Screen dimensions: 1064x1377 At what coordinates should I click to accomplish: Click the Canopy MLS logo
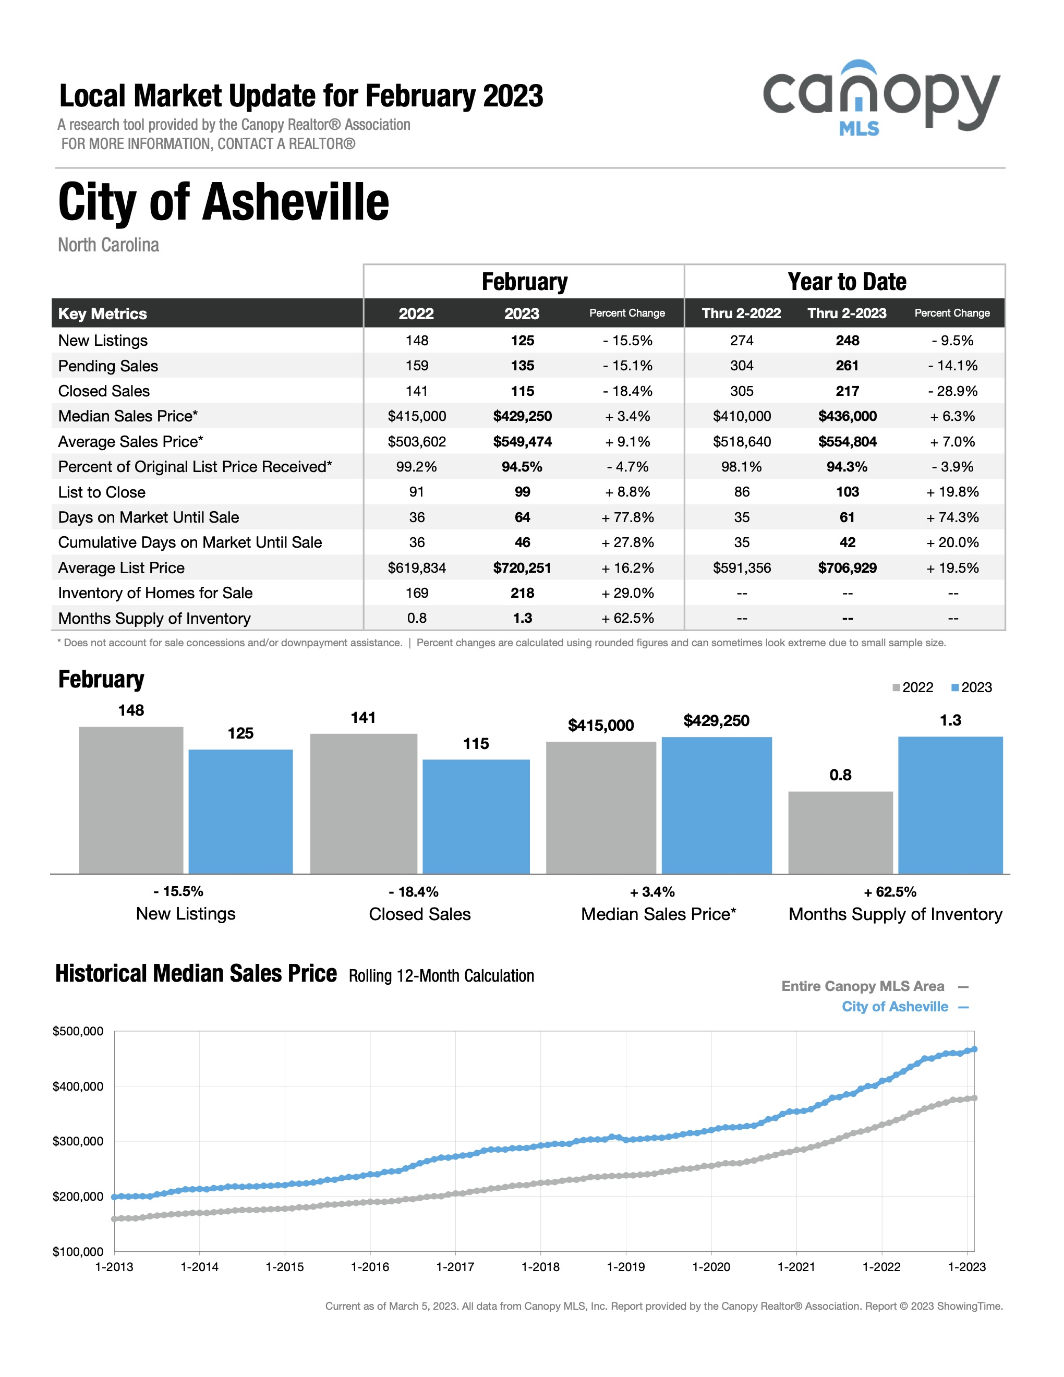click(881, 99)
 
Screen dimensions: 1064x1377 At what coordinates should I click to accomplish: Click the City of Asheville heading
click(224, 202)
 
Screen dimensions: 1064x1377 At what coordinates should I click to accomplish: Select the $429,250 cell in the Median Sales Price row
click(522, 416)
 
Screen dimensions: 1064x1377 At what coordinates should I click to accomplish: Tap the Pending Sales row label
click(108, 366)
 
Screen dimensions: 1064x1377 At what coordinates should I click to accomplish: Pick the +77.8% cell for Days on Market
click(627, 517)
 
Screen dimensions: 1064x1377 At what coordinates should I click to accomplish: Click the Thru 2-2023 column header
click(847, 313)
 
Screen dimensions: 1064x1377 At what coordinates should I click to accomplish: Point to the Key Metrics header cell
click(102, 313)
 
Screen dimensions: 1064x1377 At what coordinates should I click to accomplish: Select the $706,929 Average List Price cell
click(847, 567)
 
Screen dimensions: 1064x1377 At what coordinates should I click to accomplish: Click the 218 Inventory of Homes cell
click(522, 593)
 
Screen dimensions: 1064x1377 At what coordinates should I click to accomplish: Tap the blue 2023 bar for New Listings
click(241, 812)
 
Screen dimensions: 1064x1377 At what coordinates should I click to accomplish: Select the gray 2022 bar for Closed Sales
click(364, 803)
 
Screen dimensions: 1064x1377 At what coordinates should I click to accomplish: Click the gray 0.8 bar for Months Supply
click(840, 832)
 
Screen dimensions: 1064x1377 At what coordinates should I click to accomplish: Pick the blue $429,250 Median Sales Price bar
click(717, 805)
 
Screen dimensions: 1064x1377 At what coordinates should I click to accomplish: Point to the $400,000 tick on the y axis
click(78, 1086)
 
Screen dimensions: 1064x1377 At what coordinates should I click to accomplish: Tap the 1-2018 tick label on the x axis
click(540, 1266)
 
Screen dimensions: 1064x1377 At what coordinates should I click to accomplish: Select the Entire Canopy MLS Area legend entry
click(875, 986)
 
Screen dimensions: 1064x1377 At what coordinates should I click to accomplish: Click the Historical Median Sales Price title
click(196, 973)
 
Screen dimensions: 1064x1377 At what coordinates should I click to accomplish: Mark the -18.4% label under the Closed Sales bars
click(414, 891)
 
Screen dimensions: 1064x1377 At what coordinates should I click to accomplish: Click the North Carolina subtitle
click(108, 245)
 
